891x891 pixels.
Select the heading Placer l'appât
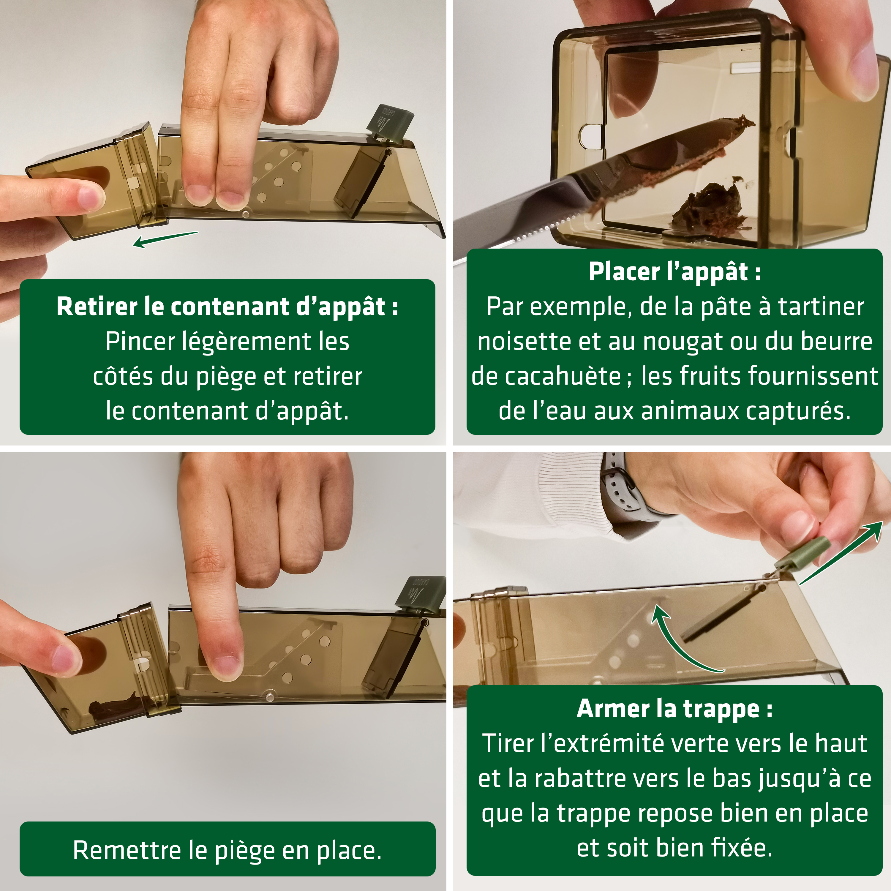(x=674, y=272)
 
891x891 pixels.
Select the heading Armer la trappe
(x=674, y=709)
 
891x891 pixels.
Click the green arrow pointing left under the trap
(x=165, y=239)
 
